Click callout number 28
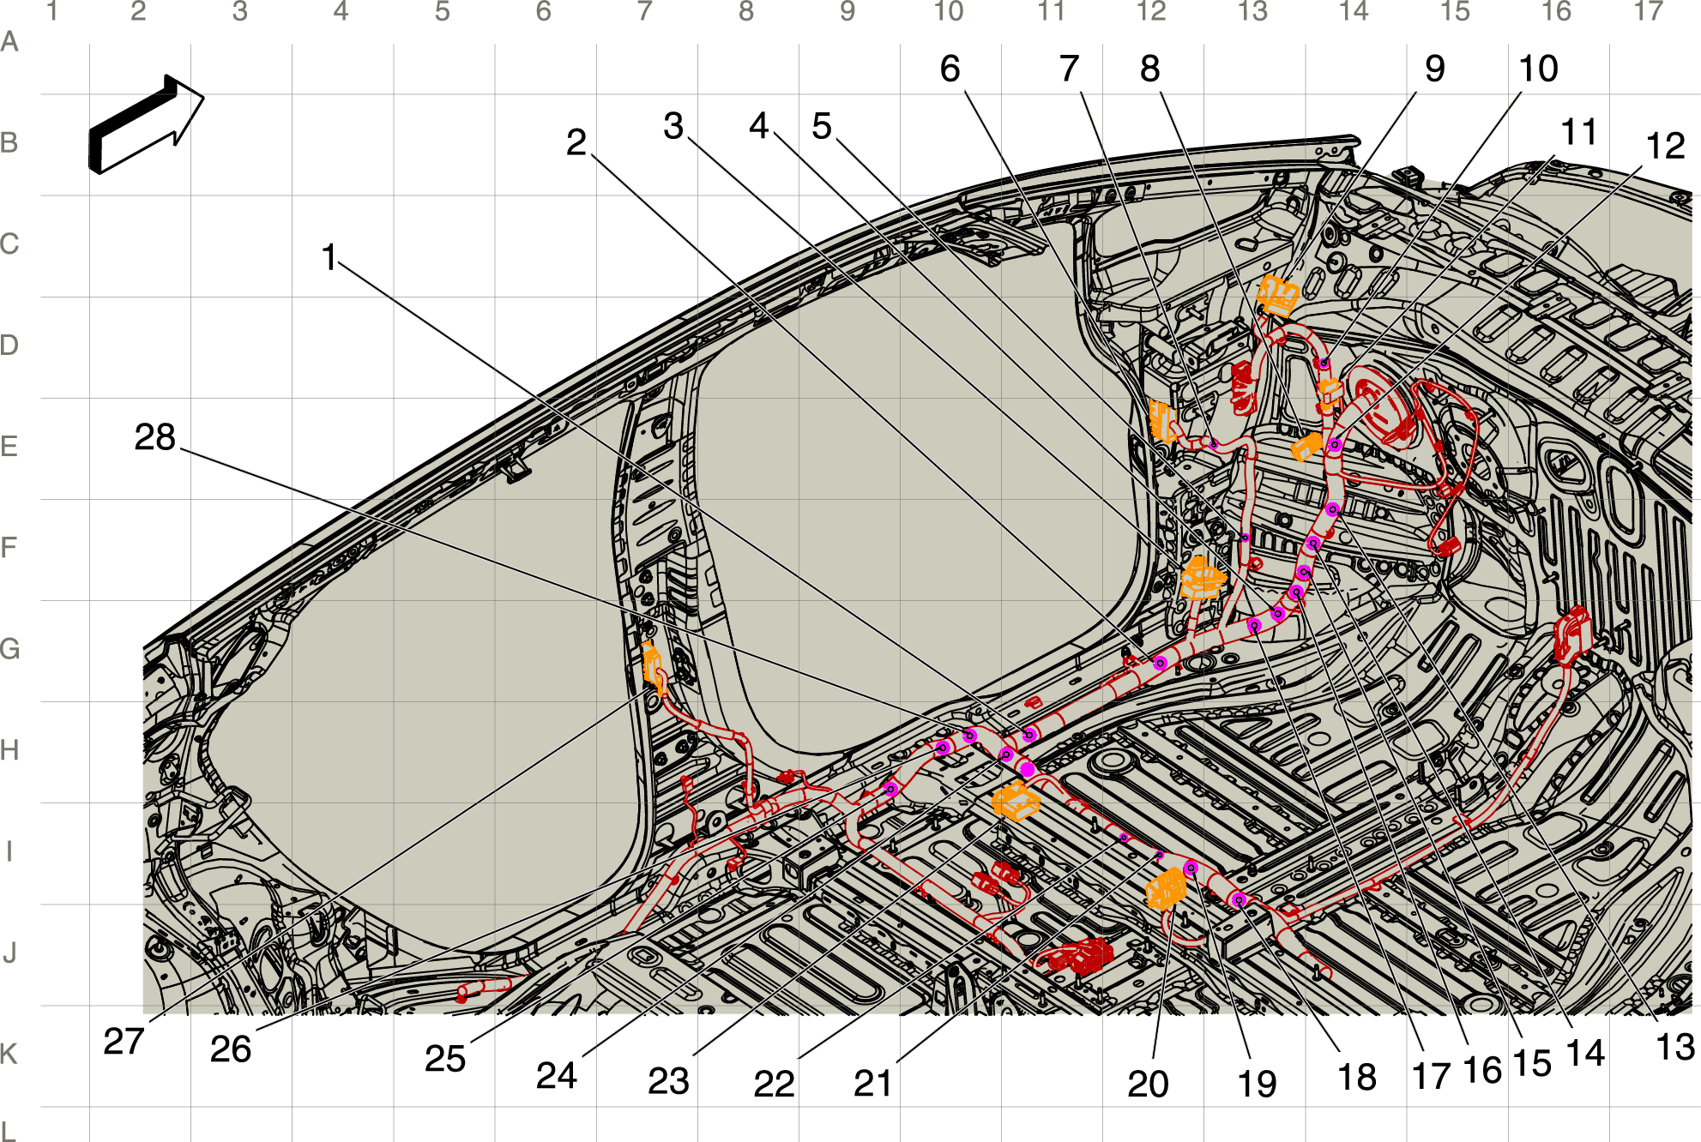click(x=155, y=437)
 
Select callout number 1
click(x=329, y=257)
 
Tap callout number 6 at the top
click(x=950, y=69)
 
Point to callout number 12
click(x=1665, y=146)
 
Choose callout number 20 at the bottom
click(x=1148, y=1084)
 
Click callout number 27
click(x=124, y=1042)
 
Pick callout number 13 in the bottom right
click(x=1674, y=1047)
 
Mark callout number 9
click(x=1434, y=69)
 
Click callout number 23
click(x=668, y=1081)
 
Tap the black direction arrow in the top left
click(x=146, y=125)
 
